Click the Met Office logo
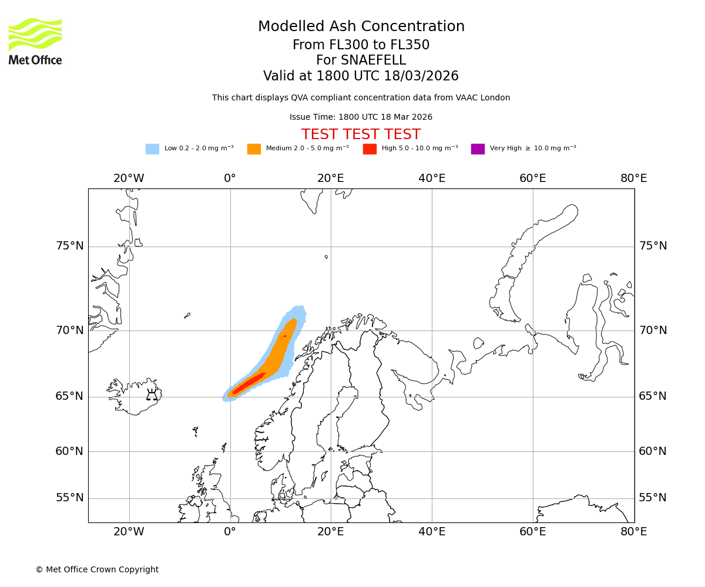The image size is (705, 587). pyautogui.click(x=35, y=41)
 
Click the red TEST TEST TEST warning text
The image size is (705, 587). pyautogui.click(x=361, y=134)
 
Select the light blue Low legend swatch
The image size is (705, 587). pyautogui.click(x=152, y=149)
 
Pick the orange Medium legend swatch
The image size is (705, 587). pyautogui.click(x=254, y=149)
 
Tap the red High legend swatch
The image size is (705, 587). pyautogui.click(x=370, y=149)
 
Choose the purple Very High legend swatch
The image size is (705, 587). pyautogui.click(x=478, y=149)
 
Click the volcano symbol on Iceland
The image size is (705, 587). pyautogui.click(x=152, y=394)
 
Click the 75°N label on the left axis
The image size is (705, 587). pyautogui.click(x=70, y=246)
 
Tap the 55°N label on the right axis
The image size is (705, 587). pyautogui.click(x=653, y=498)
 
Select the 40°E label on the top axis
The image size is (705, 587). pyautogui.click(x=432, y=178)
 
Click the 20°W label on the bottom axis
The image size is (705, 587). pyautogui.click(x=129, y=532)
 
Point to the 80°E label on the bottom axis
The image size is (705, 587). pyautogui.click(x=633, y=532)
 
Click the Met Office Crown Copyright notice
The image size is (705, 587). pyautogui.click(x=97, y=569)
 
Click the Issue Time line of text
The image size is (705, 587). pyautogui.click(x=361, y=117)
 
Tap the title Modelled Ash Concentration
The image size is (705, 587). pyautogui.click(x=361, y=26)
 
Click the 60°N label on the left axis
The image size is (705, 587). pyautogui.click(x=70, y=451)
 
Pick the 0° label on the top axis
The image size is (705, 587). pyautogui.click(x=230, y=178)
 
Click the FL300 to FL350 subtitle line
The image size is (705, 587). pyautogui.click(x=361, y=45)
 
